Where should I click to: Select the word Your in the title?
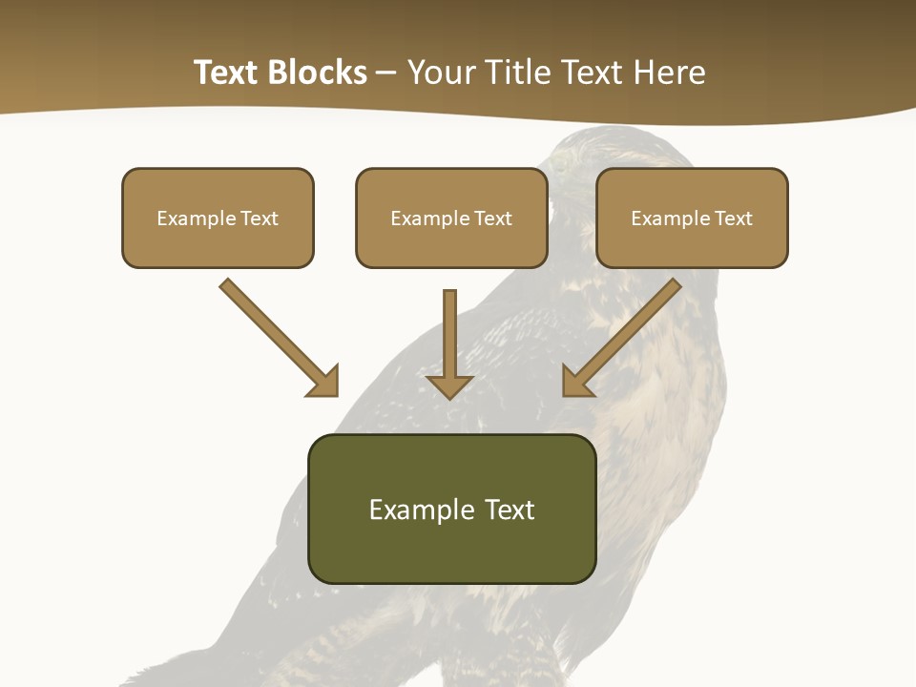(x=440, y=73)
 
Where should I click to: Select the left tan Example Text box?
(x=218, y=218)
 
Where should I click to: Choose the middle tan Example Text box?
(x=451, y=218)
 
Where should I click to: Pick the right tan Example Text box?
(x=692, y=218)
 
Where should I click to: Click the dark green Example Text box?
(x=451, y=509)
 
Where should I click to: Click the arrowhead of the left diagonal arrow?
(x=324, y=382)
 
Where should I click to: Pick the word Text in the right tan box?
(x=733, y=219)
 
